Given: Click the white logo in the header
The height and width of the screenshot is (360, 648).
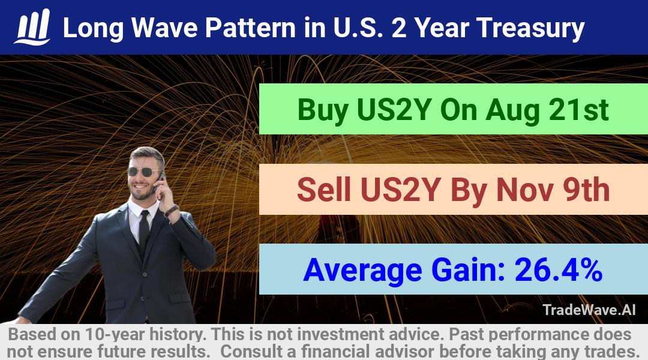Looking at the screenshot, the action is (32, 27).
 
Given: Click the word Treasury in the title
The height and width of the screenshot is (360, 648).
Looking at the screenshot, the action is (530, 29).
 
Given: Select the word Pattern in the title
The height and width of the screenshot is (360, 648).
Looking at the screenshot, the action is (250, 28).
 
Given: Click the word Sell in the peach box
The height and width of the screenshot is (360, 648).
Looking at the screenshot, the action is (324, 189).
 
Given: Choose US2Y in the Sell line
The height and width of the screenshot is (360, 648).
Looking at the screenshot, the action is (398, 189).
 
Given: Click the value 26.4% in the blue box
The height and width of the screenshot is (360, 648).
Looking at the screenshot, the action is (559, 269).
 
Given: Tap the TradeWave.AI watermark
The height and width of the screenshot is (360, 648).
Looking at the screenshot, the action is (589, 310).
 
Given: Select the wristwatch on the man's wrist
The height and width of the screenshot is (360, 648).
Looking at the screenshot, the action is (170, 211).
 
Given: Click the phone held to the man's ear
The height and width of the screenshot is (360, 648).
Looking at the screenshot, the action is (160, 182).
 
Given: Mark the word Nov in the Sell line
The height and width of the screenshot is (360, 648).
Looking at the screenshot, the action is (525, 189).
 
